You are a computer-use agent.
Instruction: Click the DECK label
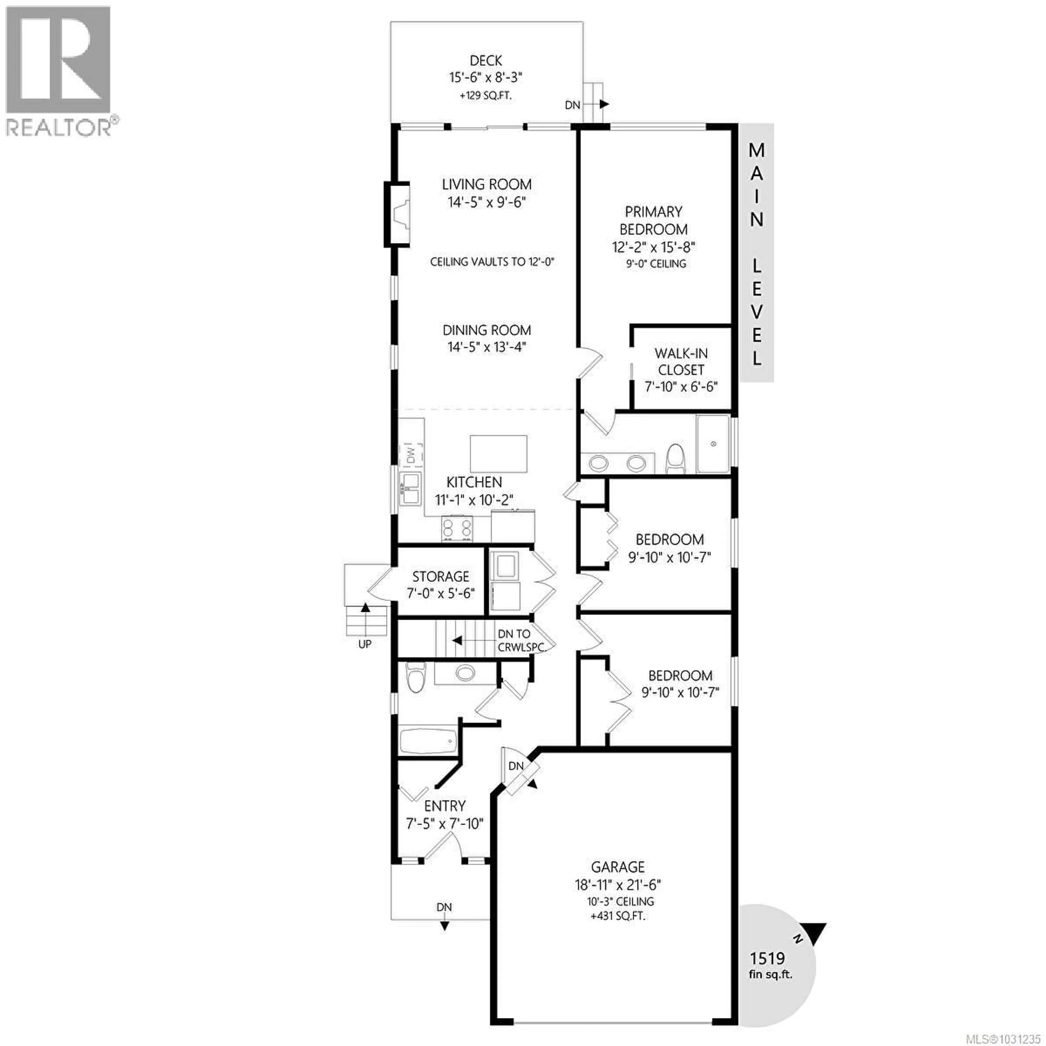point(486,61)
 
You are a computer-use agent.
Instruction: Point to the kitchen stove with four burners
point(457,528)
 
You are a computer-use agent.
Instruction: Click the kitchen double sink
point(411,488)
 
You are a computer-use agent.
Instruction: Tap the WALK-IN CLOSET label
point(680,362)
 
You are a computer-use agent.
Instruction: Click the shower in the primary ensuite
point(713,444)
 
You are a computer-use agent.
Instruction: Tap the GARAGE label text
point(618,867)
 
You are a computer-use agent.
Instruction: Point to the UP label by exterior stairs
point(365,644)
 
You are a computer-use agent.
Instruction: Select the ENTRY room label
point(445,806)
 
